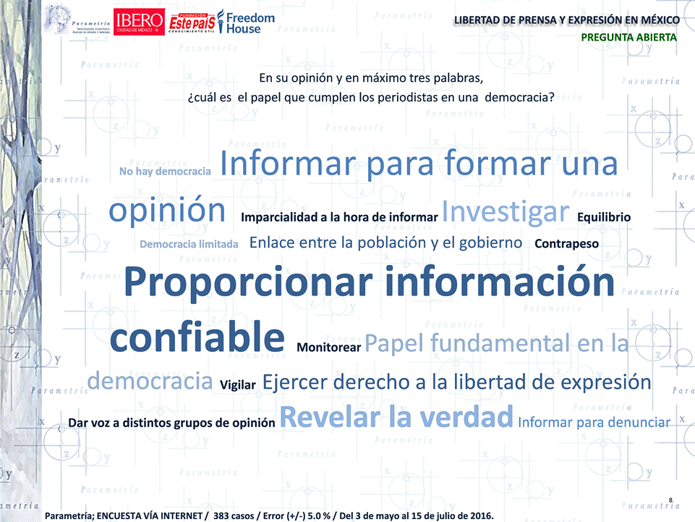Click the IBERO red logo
click(x=139, y=22)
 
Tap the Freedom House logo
click(x=246, y=22)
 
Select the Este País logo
click(x=192, y=22)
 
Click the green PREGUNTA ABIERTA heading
click(x=628, y=38)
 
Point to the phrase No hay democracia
click(x=165, y=172)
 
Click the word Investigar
click(x=506, y=212)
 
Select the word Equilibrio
click(x=604, y=217)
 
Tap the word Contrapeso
click(x=566, y=244)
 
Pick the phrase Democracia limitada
click(x=189, y=244)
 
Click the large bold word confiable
click(x=197, y=337)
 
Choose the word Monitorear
click(x=329, y=347)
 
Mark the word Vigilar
click(x=238, y=385)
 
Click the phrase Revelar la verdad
click(x=396, y=417)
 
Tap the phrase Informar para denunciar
click(x=594, y=422)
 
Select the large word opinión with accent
click(x=167, y=210)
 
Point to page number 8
click(x=670, y=500)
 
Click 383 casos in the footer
click(x=233, y=515)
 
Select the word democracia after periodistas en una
click(x=519, y=97)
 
